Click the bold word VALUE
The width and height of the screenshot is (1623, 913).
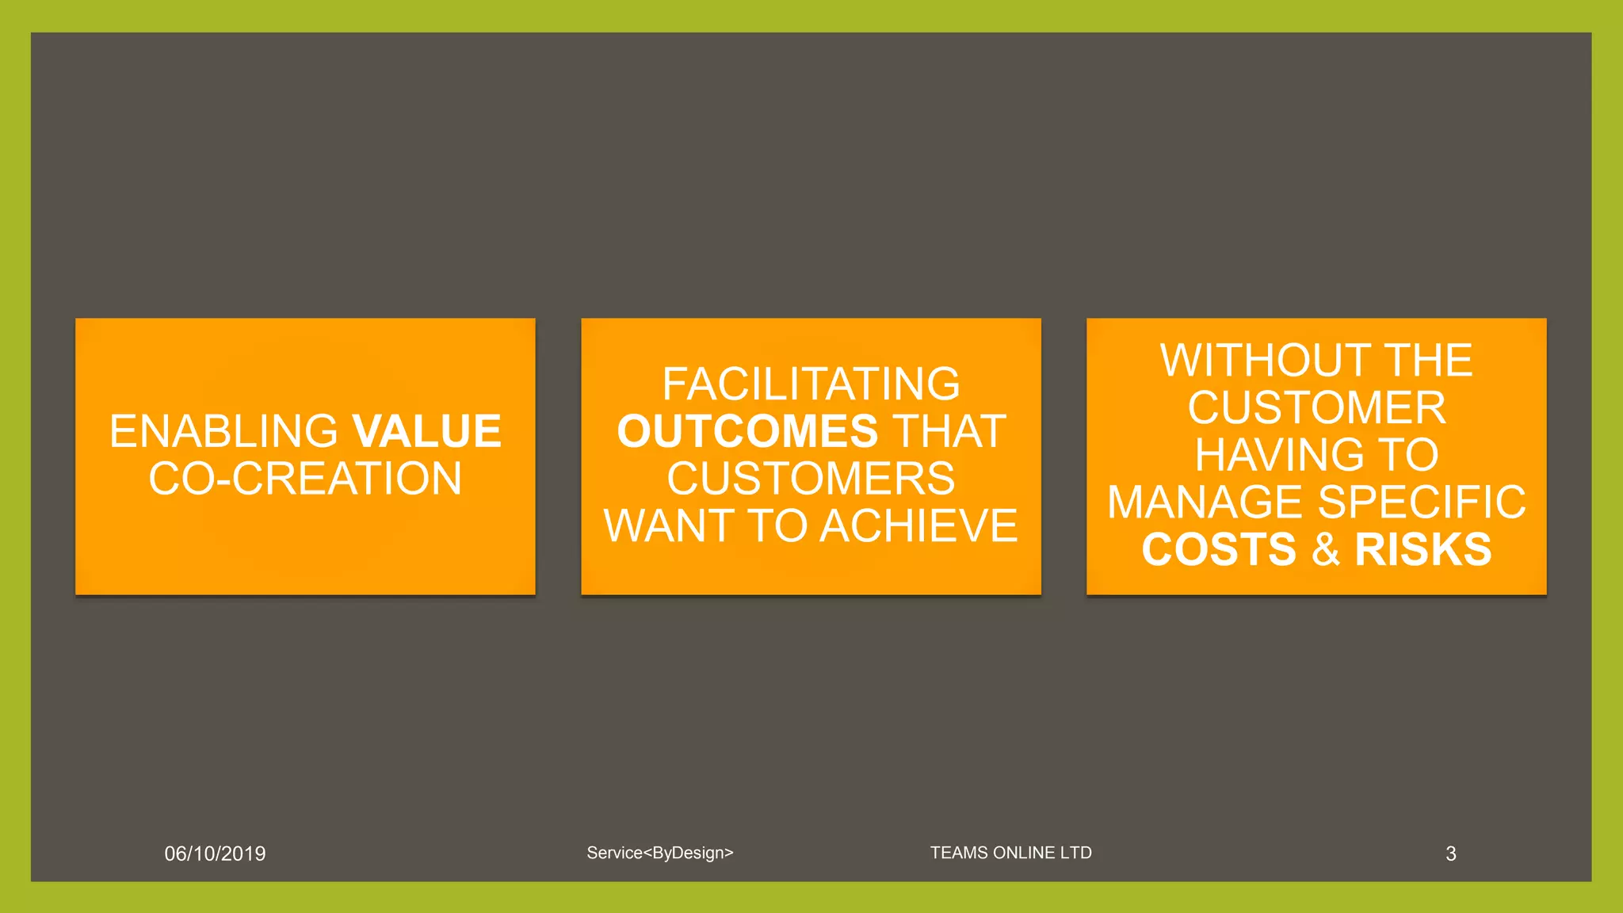[426, 432]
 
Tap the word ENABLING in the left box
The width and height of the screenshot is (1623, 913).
[223, 432]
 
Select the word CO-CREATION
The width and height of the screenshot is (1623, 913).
[305, 479]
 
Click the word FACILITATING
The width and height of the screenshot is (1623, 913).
[811, 384]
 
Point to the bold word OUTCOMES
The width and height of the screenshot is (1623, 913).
[747, 432]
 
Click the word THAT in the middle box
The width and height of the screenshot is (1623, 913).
[949, 432]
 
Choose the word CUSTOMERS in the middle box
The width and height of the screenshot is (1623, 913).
[811, 479]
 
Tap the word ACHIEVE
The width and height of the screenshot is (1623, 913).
[918, 526]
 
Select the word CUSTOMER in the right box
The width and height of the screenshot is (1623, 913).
[1316, 408]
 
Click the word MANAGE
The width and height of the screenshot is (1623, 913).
[1205, 502]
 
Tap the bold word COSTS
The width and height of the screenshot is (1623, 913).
[1219, 550]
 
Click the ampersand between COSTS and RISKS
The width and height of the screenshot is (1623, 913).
[1326, 550]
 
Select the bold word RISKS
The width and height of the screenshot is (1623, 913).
[1423, 550]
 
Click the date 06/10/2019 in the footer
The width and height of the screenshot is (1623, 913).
[215, 854]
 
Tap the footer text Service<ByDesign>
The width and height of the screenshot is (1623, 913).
[660, 853]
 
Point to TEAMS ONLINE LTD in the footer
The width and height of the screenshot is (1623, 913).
[1010, 853]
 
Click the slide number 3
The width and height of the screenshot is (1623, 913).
[1450, 854]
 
